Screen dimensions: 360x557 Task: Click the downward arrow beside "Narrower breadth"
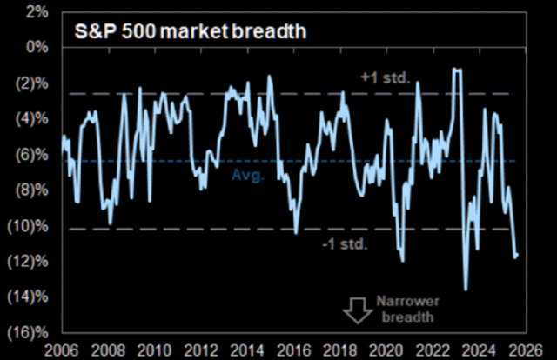click(355, 310)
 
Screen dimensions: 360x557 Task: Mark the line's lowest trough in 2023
click(466, 290)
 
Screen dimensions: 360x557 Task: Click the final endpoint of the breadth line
click(517, 255)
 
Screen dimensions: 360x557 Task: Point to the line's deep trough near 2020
click(402, 260)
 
